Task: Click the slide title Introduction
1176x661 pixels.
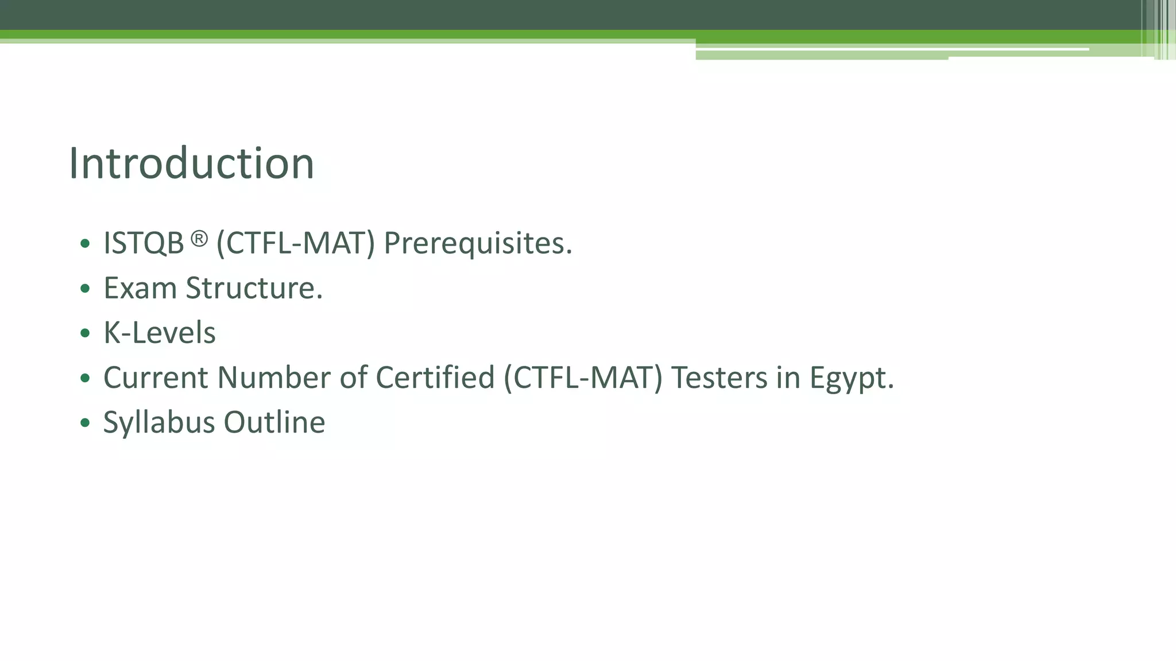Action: tap(191, 164)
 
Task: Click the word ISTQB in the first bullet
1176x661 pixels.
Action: tap(144, 243)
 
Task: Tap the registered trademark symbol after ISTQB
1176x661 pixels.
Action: tap(199, 239)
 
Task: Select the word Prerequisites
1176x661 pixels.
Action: tap(478, 243)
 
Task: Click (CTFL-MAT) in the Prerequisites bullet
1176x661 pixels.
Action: tap(295, 243)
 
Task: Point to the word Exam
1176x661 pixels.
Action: tap(140, 288)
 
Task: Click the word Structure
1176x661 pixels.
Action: tap(254, 288)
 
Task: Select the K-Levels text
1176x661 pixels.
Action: tap(159, 333)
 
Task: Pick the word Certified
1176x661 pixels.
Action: tap(435, 378)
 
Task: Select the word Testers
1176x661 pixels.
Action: tap(719, 378)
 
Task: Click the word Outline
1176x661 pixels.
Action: tap(274, 423)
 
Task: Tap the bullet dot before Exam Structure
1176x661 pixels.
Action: tap(86, 289)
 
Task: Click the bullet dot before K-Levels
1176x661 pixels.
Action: tap(86, 333)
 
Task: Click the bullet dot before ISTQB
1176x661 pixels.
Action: tap(86, 244)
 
